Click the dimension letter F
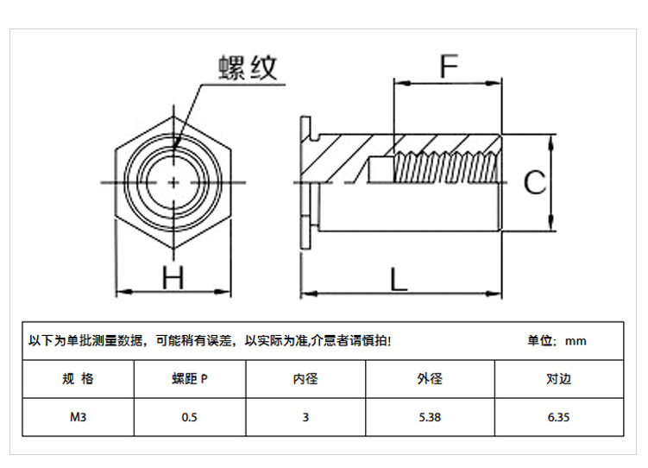(447, 66)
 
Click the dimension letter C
(536, 183)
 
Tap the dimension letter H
(174, 278)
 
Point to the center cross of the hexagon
(174, 183)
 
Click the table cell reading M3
(79, 417)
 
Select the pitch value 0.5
(190, 417)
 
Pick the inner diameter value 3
(305, 417)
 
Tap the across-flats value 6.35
(558, 417)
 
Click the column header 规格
(79, 379)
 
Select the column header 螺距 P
(190, 379)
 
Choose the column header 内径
(305, 379)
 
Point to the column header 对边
(558, 379)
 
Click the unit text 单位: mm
(557, 341)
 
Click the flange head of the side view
(303, 183)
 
